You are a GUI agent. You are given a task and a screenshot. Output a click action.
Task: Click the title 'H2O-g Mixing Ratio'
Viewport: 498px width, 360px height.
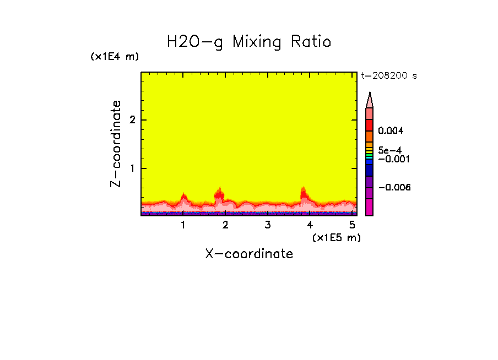point(249,42)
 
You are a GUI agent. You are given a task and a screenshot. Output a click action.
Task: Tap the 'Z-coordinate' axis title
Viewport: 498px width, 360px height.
point(116,144)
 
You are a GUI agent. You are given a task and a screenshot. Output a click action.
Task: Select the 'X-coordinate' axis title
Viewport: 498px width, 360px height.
point(249,254)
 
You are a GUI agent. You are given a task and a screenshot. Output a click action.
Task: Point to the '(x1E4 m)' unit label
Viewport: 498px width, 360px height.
point(115,57)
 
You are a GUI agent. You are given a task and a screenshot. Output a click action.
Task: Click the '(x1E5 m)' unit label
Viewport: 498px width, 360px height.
point(336,237)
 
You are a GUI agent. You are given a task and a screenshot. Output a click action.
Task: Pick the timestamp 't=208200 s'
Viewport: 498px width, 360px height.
point(388,76)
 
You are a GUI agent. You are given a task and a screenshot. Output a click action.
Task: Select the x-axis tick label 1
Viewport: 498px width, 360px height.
point(183,225)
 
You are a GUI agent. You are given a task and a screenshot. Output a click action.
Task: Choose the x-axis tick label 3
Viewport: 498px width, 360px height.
point(267,225)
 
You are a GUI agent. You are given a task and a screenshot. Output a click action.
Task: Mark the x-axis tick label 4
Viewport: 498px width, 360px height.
point(310,225)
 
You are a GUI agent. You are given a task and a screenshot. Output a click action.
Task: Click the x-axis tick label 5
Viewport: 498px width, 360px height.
point(351,225)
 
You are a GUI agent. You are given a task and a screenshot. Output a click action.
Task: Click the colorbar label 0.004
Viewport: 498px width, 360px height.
point(391,131)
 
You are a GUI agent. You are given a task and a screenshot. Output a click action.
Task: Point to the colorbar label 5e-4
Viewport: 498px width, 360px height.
point(389,150)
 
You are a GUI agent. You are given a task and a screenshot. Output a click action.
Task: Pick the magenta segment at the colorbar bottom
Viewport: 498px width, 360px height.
point(370,207)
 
